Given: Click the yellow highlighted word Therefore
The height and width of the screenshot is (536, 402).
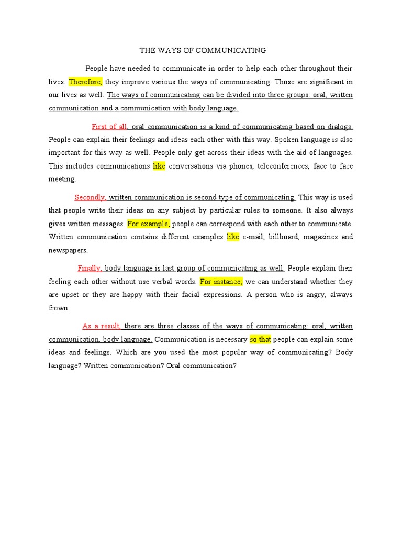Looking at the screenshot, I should (85, 82).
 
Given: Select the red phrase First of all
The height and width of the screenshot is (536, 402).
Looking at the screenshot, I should (109, 126).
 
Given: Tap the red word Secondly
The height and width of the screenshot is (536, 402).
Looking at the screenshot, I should (91, 197).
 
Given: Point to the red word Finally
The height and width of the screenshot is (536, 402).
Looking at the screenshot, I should (90, 268).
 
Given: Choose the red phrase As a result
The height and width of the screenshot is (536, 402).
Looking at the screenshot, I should (102, 326).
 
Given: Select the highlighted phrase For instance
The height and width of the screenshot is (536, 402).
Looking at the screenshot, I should (221, 281).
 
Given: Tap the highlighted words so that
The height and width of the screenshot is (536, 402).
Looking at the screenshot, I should (260, 339).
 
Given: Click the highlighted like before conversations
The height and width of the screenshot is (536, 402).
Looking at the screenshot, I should (159, 166).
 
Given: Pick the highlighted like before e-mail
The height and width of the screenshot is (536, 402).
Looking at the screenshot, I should (233, 237).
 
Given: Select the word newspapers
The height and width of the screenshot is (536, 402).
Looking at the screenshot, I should (68, 250).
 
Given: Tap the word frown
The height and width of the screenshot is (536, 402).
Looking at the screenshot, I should (59, 308).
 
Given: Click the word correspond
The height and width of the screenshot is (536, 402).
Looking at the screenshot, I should (218, 224).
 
